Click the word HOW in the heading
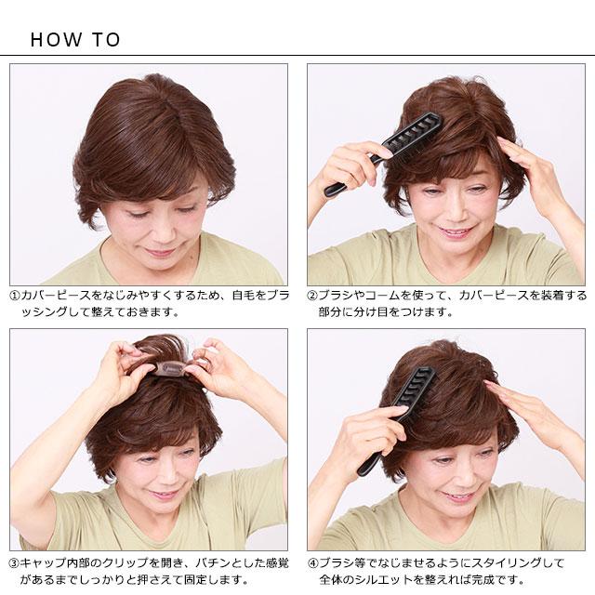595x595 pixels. pyautogui.click(x=56, y=40)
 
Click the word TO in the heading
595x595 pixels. pyautogui.click(x=106, y=40)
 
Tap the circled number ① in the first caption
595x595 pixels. pyautogui.click(x=14, y=296)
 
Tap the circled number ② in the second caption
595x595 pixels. pyautogui.click(x=312, y=296)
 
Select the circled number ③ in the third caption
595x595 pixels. pyautogui.click(x=14, y=563)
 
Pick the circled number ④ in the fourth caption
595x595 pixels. pyautogui.click(x=312, y=563)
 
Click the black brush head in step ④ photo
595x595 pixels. pyautogui.click(x=413, y=391)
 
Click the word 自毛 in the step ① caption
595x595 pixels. pyautogui.click(x=244, y=296)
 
